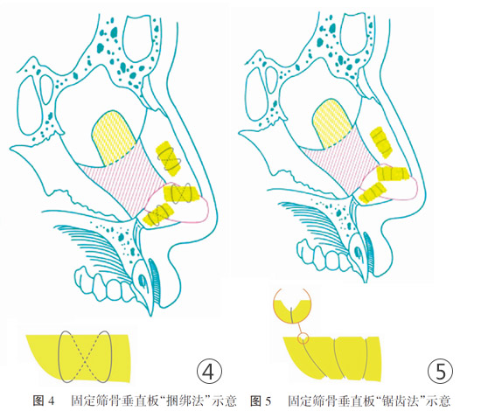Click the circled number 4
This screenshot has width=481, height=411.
[x=209, y=371]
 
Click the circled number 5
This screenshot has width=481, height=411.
[x=440, y=371]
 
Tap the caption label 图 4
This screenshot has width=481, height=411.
[x=43, y=401]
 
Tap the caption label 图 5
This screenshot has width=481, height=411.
[x=261, y=401]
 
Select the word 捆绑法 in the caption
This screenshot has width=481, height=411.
[x=185, y=401]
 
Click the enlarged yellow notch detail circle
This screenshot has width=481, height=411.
[x=292, y=307]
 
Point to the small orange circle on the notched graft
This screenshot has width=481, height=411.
[x=303, y=338]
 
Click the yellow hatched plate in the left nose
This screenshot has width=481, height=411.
[x=114, y=137]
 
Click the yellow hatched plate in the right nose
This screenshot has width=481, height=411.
[x=332, y=123]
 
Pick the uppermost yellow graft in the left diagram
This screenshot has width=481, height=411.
[x=168, y=158]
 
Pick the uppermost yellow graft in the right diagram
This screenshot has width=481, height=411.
[x=380, y=143]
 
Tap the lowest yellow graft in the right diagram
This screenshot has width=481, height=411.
[x=372, y=192]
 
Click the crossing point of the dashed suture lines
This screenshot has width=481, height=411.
[x=85, y=358]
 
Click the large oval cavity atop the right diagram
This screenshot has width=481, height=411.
[x=352, y=33]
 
